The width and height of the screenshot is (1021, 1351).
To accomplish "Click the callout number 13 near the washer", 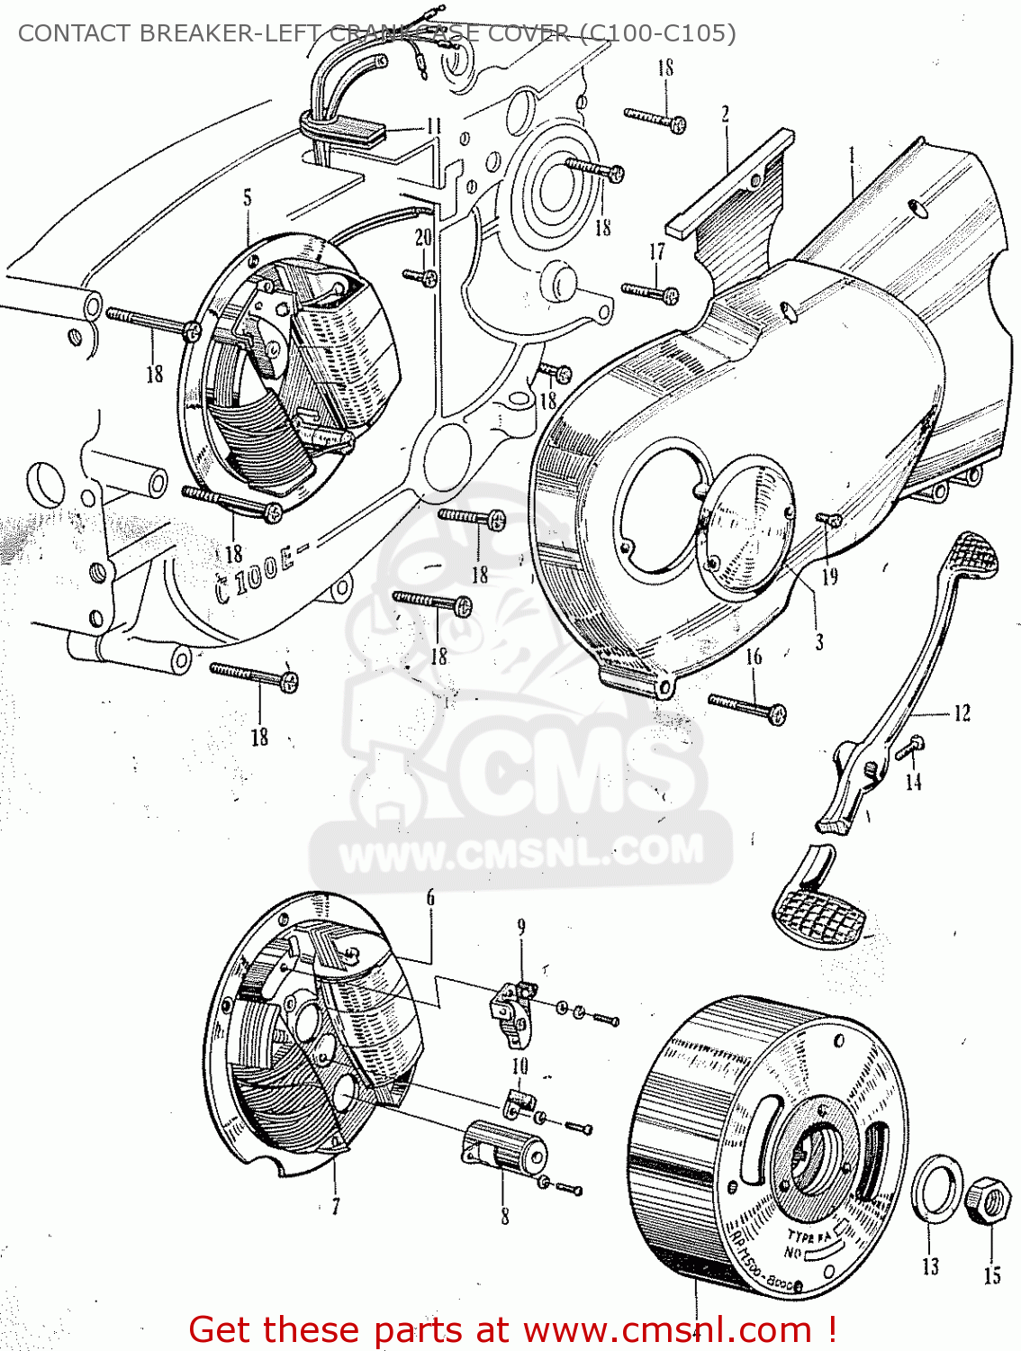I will coord(930,1265).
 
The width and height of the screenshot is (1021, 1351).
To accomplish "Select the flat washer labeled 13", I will coord(937,1188).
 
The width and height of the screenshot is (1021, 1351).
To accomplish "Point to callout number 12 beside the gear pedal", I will coord(962,713).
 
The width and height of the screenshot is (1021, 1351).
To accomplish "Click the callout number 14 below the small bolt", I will coord(914,782).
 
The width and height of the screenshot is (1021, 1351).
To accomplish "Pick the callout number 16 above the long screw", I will coord(754,657).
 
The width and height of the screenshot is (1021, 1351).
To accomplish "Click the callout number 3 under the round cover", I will coord(818,642).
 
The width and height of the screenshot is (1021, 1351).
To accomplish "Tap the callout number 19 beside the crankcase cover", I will coord(829,576).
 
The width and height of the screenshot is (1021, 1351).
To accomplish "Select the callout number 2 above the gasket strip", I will coord(725,113).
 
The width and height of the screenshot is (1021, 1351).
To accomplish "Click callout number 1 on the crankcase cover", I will coord(851,157).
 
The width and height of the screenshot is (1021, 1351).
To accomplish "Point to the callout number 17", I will coord(657,251).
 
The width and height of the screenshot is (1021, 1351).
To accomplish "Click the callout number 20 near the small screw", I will coord(423,237).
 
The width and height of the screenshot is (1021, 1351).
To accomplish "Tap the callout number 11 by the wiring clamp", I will coord(434,126).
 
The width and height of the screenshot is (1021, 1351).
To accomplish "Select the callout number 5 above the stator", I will coord(248,197).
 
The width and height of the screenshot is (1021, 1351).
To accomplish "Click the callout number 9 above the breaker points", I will coord(520,927).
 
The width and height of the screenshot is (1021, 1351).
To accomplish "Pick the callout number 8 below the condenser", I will coord(504,1216).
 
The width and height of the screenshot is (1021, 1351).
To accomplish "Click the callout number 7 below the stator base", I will coord(336,1205).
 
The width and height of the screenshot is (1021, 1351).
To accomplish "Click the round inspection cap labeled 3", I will coord(746,527).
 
